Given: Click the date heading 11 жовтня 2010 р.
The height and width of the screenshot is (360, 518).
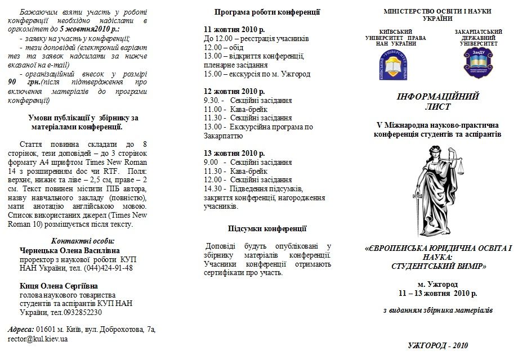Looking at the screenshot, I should pyautogui.click(x=234, y=30).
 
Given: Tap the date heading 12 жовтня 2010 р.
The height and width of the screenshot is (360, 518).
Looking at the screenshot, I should pyautogui.click(x=234, y=91).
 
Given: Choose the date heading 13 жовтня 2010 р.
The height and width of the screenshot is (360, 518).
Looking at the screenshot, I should pyautogui.click(x=234, y=153).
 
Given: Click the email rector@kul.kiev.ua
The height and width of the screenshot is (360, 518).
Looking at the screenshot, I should pyautogui.click(x=38, y=339).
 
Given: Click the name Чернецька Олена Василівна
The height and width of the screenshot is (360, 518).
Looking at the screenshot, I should pyautogui.click(x=69, y=250).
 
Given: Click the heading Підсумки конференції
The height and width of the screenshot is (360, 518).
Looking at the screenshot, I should pyautogui.click(x=267, y=228).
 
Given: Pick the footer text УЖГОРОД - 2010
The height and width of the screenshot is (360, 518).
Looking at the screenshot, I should pyautogui.click(x=437, y=345).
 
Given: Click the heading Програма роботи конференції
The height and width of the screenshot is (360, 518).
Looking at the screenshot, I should pyautogui.click(x=267, y=12).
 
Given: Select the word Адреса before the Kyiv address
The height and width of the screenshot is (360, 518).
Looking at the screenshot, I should pyautogui.click(x=20, y=329).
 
